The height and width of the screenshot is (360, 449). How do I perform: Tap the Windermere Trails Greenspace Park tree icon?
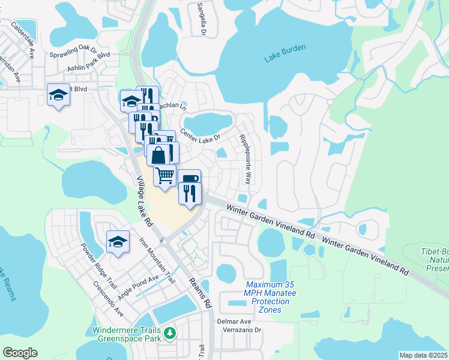170,332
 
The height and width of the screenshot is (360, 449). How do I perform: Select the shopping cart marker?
164,175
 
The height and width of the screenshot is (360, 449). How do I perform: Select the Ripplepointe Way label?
246,159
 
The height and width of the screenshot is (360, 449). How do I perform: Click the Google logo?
20,352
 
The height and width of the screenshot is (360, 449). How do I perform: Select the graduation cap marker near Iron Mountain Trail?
118,242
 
